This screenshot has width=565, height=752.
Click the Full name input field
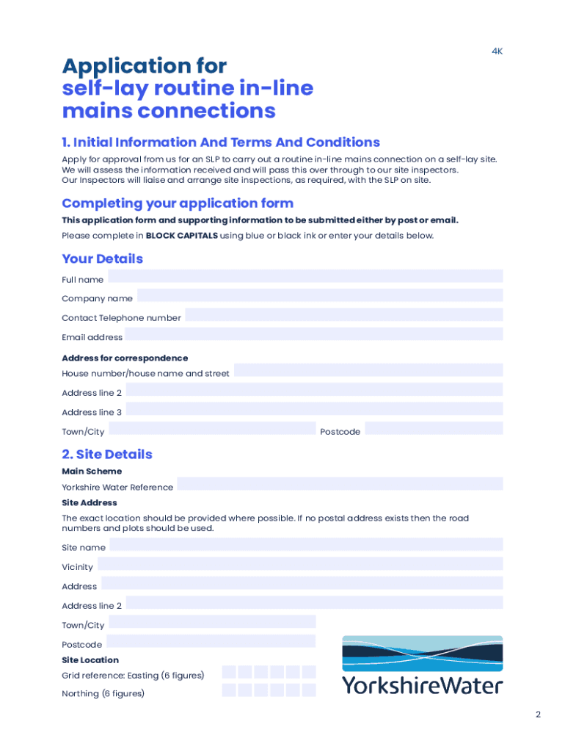pyautogui.click(x=305, y=276)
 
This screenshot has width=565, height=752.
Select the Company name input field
pyautogui.click(x=320, y=295)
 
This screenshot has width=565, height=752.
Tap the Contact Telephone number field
pyautogui.click(x=343, y=315)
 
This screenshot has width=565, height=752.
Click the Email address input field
pyautogui.click(x=313, y=334)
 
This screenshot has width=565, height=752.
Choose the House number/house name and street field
pyautogui.click(x=368, y=370)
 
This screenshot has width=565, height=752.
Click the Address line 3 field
pyautogui.click(x=314, y=409)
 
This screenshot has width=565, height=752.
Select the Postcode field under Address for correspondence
pyautogui.click(x=434, y=428)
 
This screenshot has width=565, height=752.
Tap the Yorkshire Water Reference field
pyautogui.click(x=340, y=484)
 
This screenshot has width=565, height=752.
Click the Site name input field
pyautogui.click(x=306, y=544)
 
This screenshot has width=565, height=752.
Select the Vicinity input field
pyautogui.click(x=300, y=564)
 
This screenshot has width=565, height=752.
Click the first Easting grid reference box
pyautogui.click(x=229, y=672)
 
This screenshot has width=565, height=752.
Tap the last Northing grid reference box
pyautogui.click(x=309, y=690)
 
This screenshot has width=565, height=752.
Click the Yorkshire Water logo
pyautogui.click(x=423, y=665)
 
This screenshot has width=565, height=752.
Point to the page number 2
pyautogui.click(x=538, y=715)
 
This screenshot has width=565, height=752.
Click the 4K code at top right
pyautogui.click(x=497, y=51)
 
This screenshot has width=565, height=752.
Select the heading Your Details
pyautogui.click(x=103, y=258)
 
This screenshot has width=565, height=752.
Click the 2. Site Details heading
pyautogui.click(x=107, y=454)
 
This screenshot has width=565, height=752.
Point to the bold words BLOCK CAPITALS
pyautogui.click(x=181, y=236)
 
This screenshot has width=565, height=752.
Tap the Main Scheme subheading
pyautogui.click(x=92, y=471)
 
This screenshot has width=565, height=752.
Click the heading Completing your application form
pyautogui.click(x=178, y=203)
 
